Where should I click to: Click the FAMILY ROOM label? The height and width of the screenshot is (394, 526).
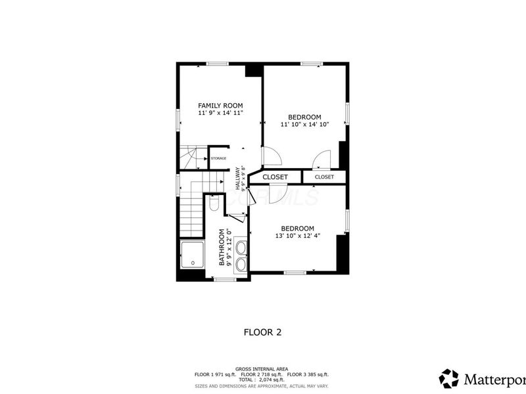221,105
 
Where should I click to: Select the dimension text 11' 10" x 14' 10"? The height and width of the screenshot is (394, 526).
304,124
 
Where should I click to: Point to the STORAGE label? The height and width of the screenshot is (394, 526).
219,158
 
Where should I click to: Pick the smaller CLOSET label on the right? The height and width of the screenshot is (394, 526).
324,177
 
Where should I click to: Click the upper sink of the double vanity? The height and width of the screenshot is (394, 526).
241,248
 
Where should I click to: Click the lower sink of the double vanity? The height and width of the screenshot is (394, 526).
241,264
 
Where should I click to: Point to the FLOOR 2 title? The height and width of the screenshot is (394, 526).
262,332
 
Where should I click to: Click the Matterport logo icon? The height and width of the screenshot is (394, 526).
449,378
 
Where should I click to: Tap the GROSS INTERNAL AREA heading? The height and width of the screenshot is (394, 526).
262,368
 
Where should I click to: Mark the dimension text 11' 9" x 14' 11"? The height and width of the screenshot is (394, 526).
221,113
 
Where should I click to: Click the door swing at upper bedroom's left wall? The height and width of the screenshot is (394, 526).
271,156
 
